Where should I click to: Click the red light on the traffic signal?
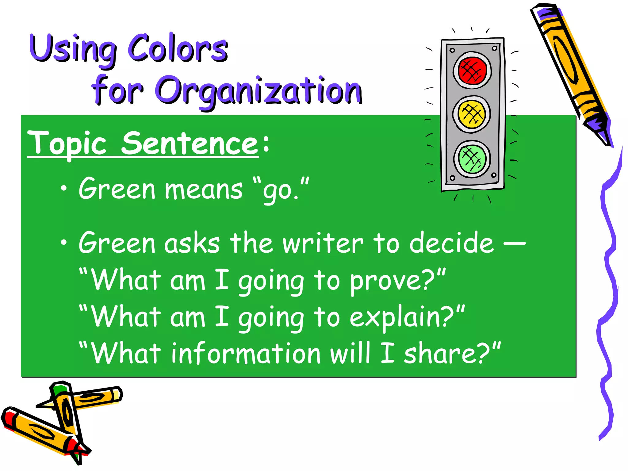472,70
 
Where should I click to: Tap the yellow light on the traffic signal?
472,114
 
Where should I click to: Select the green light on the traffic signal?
472,159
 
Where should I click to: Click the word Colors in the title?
178,48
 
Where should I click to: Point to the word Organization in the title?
259,91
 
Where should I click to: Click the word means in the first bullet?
204,190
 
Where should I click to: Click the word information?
246,354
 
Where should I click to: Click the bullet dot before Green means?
63,189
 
